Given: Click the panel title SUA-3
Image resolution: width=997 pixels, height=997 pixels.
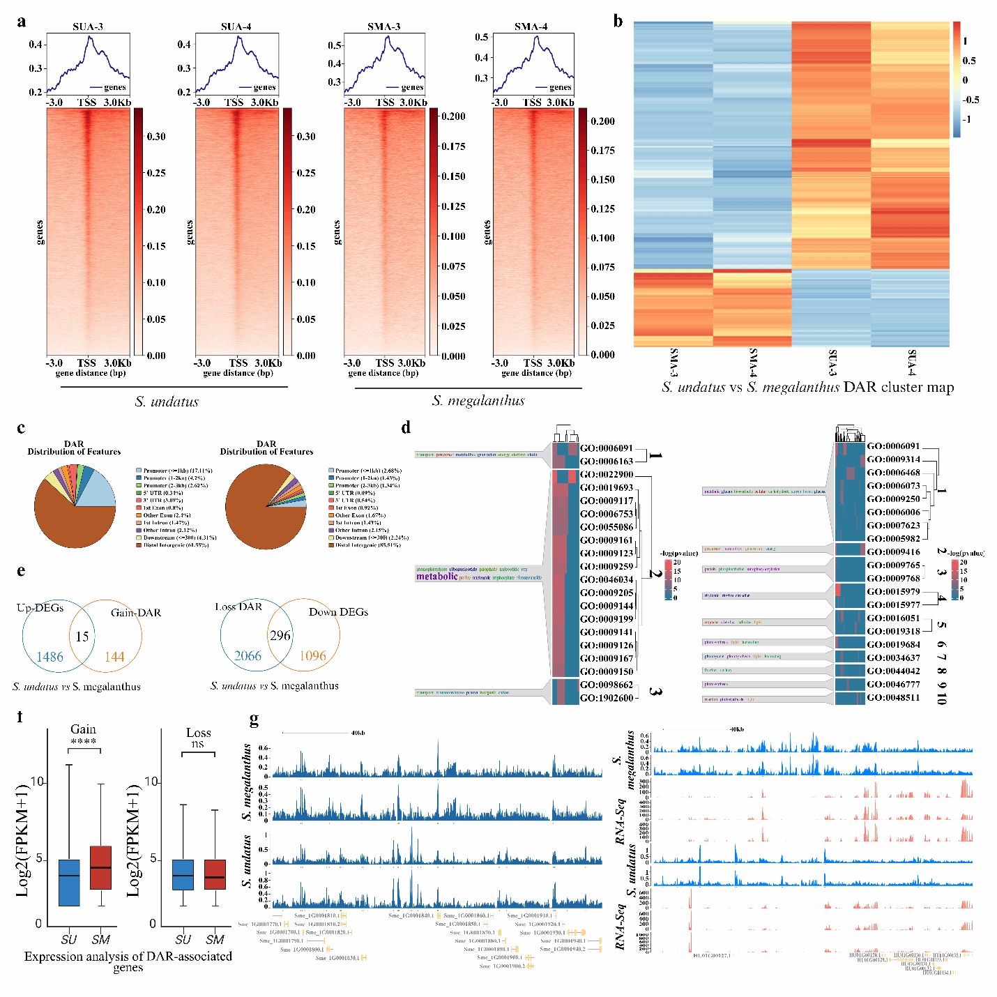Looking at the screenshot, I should point(88,26).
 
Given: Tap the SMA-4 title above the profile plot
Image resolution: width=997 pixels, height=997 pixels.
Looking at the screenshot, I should point(531,26).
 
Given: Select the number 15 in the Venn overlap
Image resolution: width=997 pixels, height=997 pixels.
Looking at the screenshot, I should point(82,636).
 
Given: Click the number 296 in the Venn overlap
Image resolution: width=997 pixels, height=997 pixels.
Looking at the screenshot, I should point(280,635).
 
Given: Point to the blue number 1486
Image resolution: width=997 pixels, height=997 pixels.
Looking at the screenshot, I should point(50,657).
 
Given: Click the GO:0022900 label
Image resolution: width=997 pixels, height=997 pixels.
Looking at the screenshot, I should point(607,475).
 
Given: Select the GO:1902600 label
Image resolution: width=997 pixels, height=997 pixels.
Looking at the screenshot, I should point(607,698).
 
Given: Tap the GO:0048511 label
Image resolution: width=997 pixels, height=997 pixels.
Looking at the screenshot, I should point(893,697).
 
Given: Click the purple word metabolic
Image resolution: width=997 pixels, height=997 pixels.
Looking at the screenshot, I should point(437,577).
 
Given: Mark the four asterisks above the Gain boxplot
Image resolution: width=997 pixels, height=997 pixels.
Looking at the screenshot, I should point(84,742).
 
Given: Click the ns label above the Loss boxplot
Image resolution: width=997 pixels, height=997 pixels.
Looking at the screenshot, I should point(198,744).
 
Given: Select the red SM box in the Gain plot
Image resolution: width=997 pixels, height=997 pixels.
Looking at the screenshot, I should point(101,867).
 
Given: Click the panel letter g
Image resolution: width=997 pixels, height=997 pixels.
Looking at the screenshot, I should point(254,718).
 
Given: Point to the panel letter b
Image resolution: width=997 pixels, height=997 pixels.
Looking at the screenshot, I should point(618,22).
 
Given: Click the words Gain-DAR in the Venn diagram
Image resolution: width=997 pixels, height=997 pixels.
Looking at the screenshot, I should point(136,613).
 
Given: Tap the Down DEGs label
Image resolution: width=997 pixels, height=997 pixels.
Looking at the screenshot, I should point(338,612).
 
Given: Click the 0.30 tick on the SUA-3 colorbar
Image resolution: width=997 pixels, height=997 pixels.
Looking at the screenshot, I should point(156,137).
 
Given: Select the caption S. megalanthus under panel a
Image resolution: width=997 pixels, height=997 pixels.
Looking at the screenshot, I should point(478,401).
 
